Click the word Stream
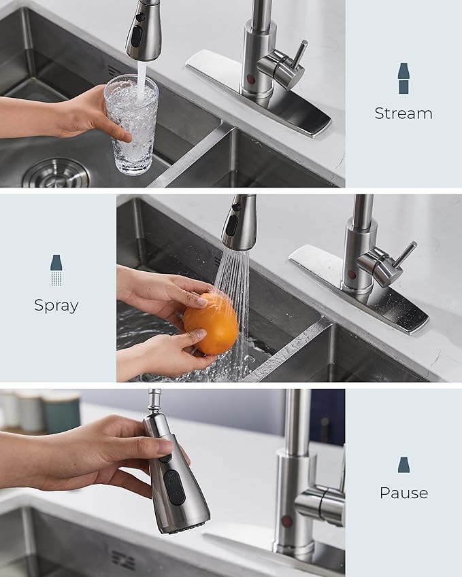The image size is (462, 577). pyautogui.click(x=403, y=113)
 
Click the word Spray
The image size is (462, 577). pyautogui.click(x=56, y=306)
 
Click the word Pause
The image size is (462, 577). pyautogui.click(x=403, y=493)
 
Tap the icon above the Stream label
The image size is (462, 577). pyautogui.click(x=403, y=78)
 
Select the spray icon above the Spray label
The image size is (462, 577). pyautogui.click(x=56, y=270)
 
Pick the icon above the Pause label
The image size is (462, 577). pyautogui.click(x=403, y=465)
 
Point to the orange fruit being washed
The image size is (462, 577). pyautogui.click(x=211, y=324)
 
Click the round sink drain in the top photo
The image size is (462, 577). pyautogui.click(x=55, y=173)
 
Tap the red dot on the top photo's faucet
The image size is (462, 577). pyautogui.click(x=251, y=80)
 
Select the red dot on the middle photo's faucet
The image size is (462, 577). pyautogui.click(x=352, y=274)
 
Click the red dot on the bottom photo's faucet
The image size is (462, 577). pyautogui.click(x=287, y=521)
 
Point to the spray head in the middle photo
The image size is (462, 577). pyautogui.click(x=239, y=224)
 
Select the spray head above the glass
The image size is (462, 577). pyautogui.click(x=143, y=31)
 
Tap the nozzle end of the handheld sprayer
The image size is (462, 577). pyautogui.click(x=188, y=525)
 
